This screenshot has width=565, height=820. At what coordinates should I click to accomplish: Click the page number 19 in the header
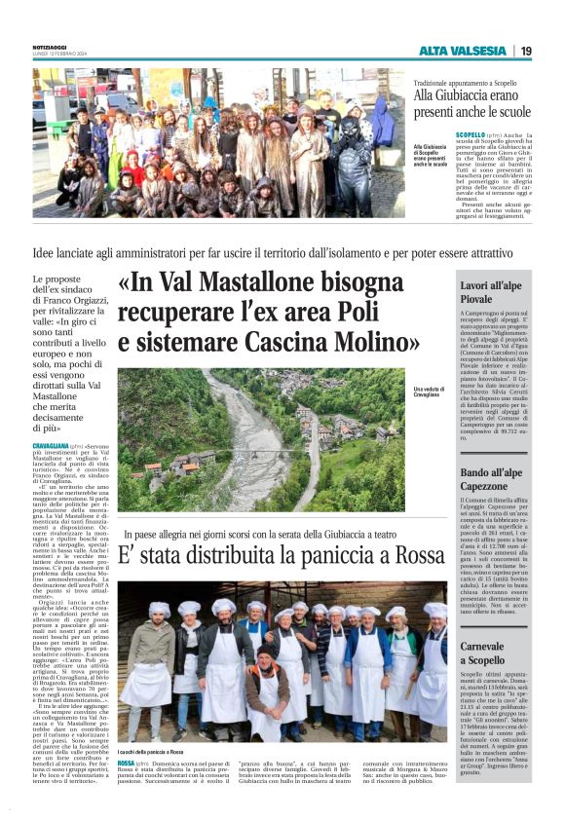click(x=525, y=51)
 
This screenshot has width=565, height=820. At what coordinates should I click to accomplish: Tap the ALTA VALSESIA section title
click(x=462, y=51)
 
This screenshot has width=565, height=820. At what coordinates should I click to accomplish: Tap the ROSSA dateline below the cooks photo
click(x=126, y=763)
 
